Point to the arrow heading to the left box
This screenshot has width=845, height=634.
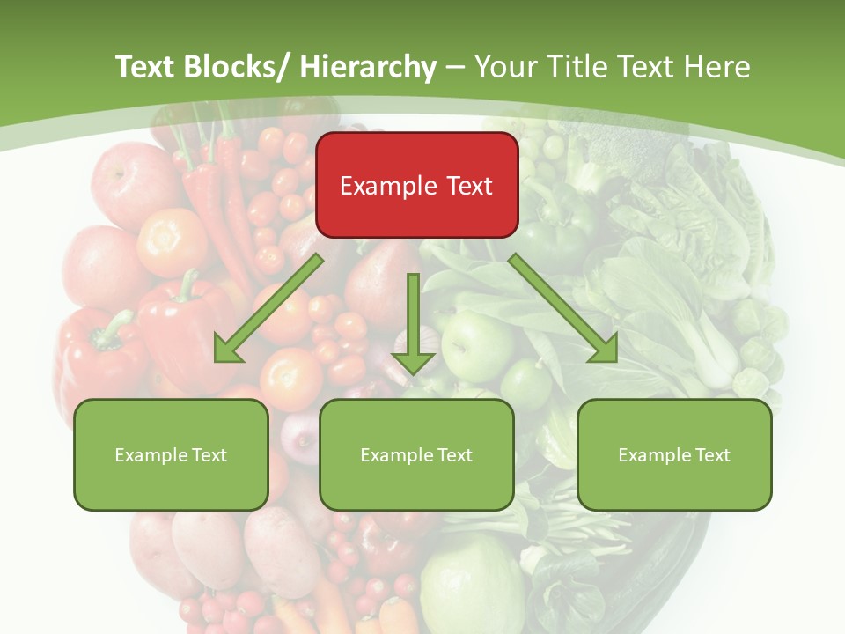pos(269,308)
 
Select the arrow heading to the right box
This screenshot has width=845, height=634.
pos(563,308)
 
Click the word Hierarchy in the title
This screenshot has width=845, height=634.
pos(367,67)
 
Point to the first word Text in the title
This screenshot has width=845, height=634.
pos(145,67)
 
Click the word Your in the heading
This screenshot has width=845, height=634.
pos(504,67)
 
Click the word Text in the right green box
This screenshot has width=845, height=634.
pos(711,455)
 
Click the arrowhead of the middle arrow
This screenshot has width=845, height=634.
pos(413,361)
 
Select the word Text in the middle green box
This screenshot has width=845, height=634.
pos(453,455)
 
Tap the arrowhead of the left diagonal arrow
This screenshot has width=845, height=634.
pos(226,350)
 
